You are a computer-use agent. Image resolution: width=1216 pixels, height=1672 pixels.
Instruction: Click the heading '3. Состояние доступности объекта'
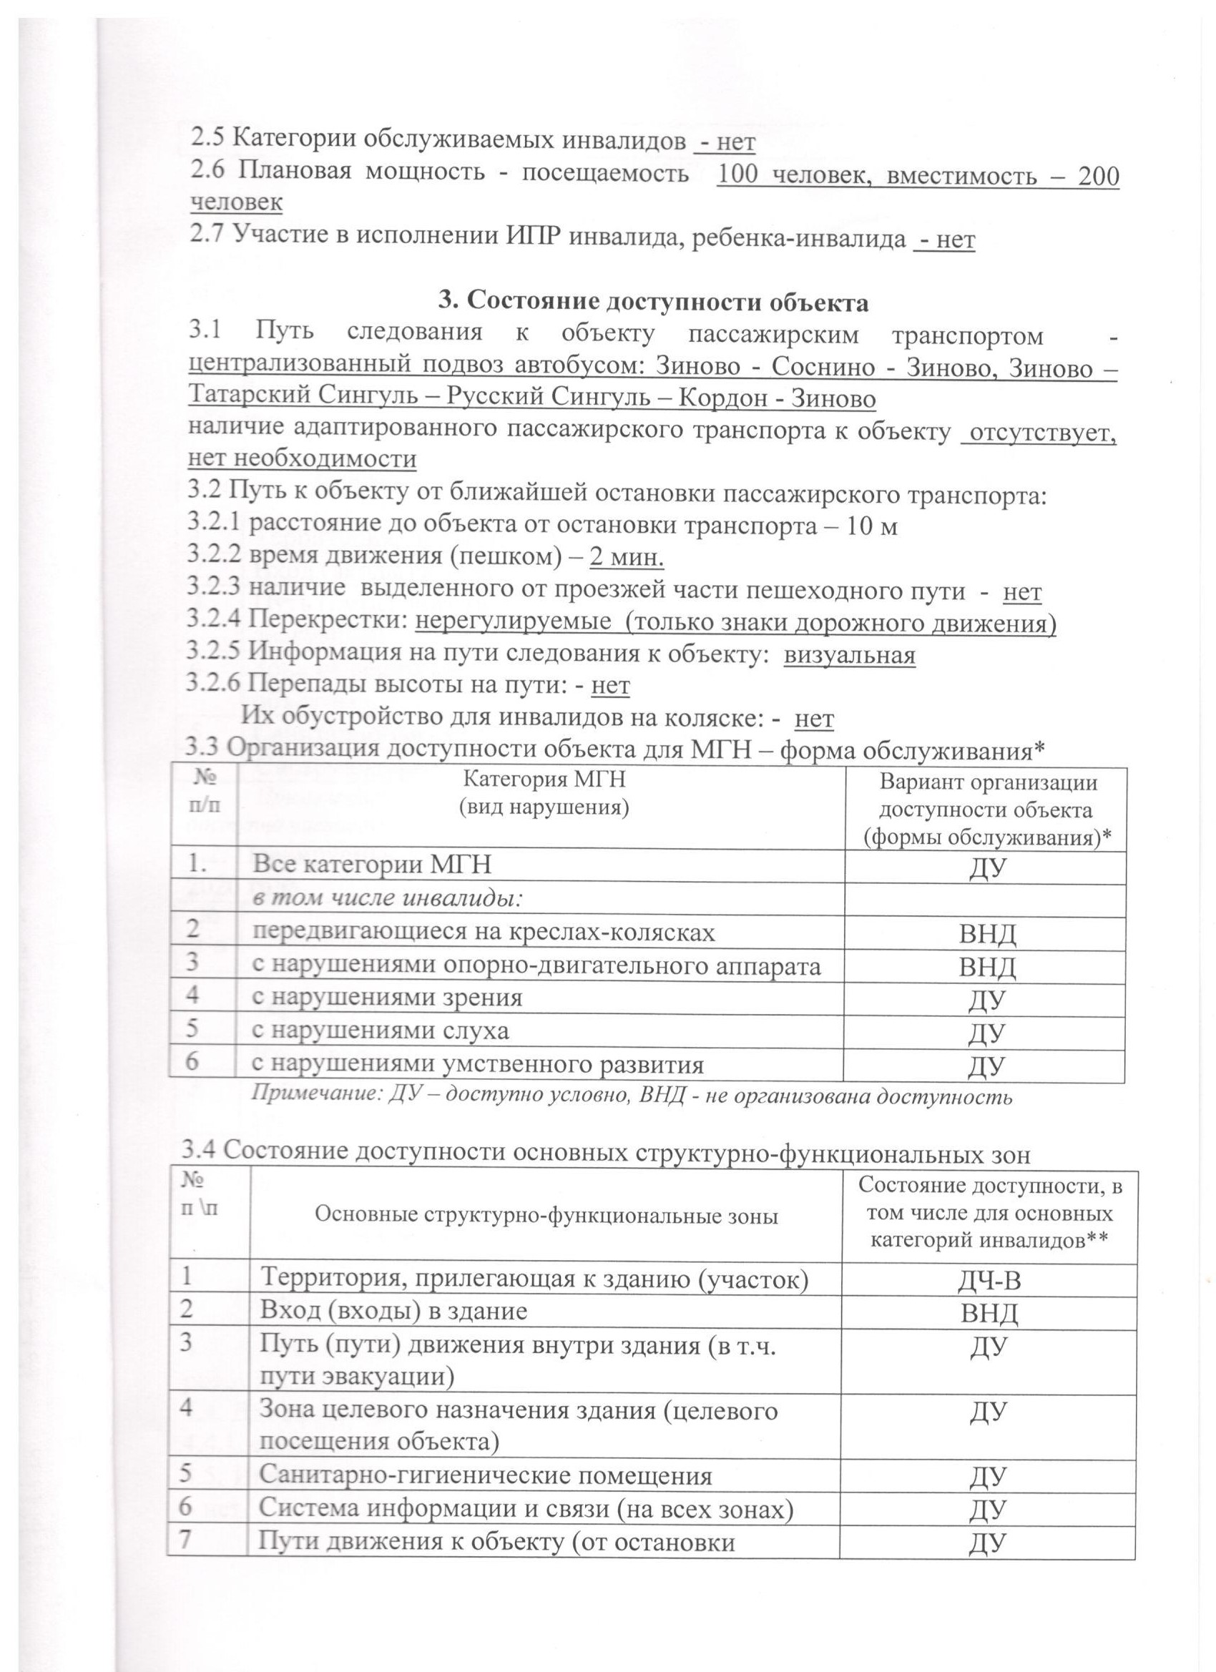coord(653,303)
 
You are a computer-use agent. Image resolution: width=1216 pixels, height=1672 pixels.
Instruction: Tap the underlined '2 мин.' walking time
coord(627,558)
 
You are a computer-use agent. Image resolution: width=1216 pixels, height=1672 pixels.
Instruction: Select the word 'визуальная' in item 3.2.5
coord(849,654)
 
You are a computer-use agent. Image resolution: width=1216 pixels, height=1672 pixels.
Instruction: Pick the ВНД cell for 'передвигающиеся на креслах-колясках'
coord(986,935)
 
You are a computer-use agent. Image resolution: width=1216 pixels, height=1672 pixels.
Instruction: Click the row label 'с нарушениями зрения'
coord(387,998)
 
